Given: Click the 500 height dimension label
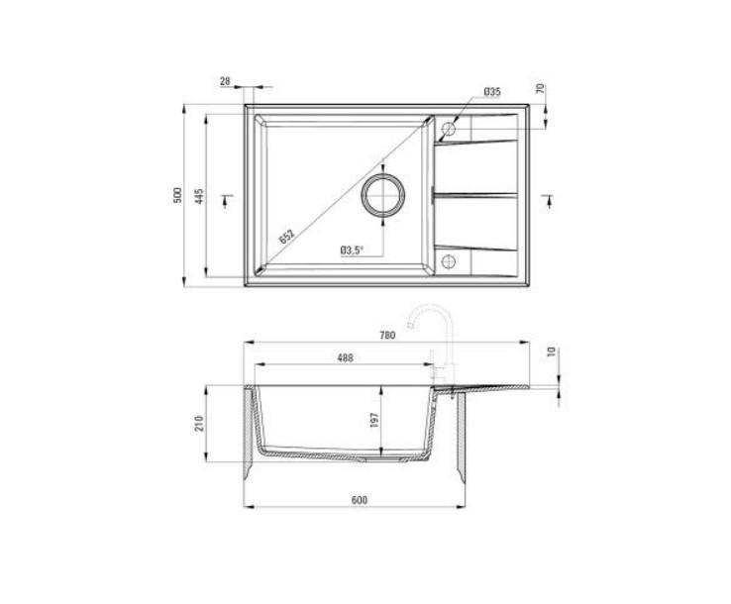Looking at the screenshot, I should (176, 196).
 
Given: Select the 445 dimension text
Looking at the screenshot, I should (199, 196).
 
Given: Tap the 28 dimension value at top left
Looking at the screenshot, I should (225, 80).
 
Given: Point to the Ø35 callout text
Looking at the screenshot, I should (491, 92).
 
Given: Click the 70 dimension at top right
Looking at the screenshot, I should (541, 89).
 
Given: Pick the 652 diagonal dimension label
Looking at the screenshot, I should (285, 236).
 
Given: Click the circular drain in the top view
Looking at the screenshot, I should (382, 194).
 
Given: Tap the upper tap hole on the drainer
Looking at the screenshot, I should (448, 128).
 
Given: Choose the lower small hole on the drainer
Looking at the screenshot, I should (448, 261).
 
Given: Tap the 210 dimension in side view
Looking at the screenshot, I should (199, 423).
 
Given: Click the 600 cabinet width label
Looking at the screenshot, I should (359, 499).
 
